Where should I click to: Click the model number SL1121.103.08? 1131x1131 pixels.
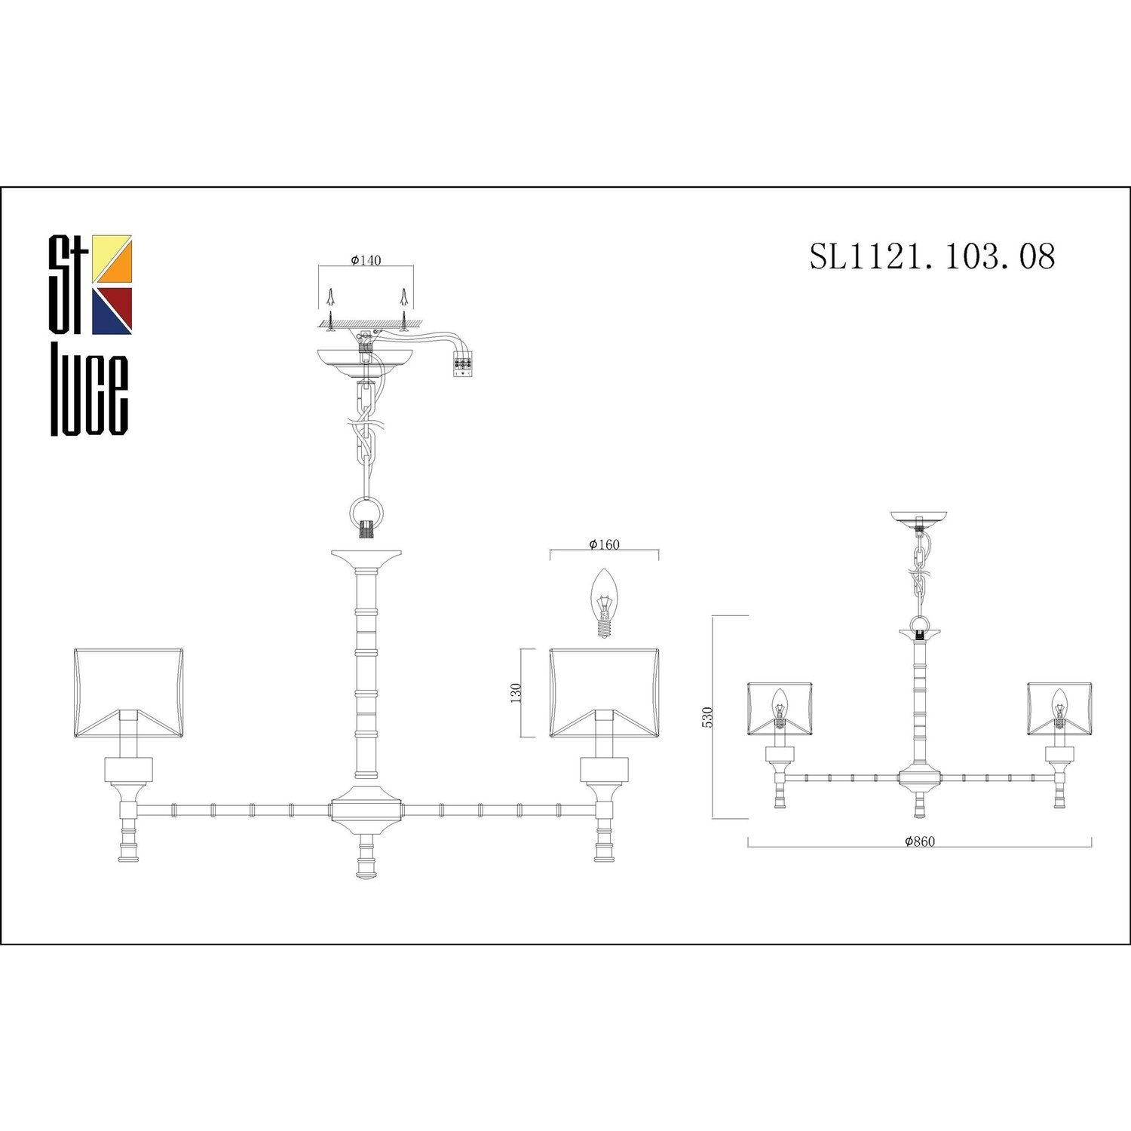932,256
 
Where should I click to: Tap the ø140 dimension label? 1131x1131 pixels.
366,260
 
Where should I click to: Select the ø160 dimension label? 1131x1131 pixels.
604,544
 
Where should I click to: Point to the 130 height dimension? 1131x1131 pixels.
516,691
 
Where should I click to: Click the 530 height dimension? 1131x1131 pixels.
706,717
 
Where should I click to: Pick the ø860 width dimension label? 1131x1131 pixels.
920,841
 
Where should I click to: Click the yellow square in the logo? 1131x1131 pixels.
112,256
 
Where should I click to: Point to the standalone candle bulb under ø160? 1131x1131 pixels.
603,602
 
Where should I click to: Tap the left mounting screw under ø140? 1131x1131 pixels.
330,309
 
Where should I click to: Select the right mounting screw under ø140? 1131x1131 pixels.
405,309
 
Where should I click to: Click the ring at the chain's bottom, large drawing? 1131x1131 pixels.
366,516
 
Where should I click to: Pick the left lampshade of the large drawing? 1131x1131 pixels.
128,691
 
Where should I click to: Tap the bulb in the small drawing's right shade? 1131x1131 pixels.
1060,706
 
